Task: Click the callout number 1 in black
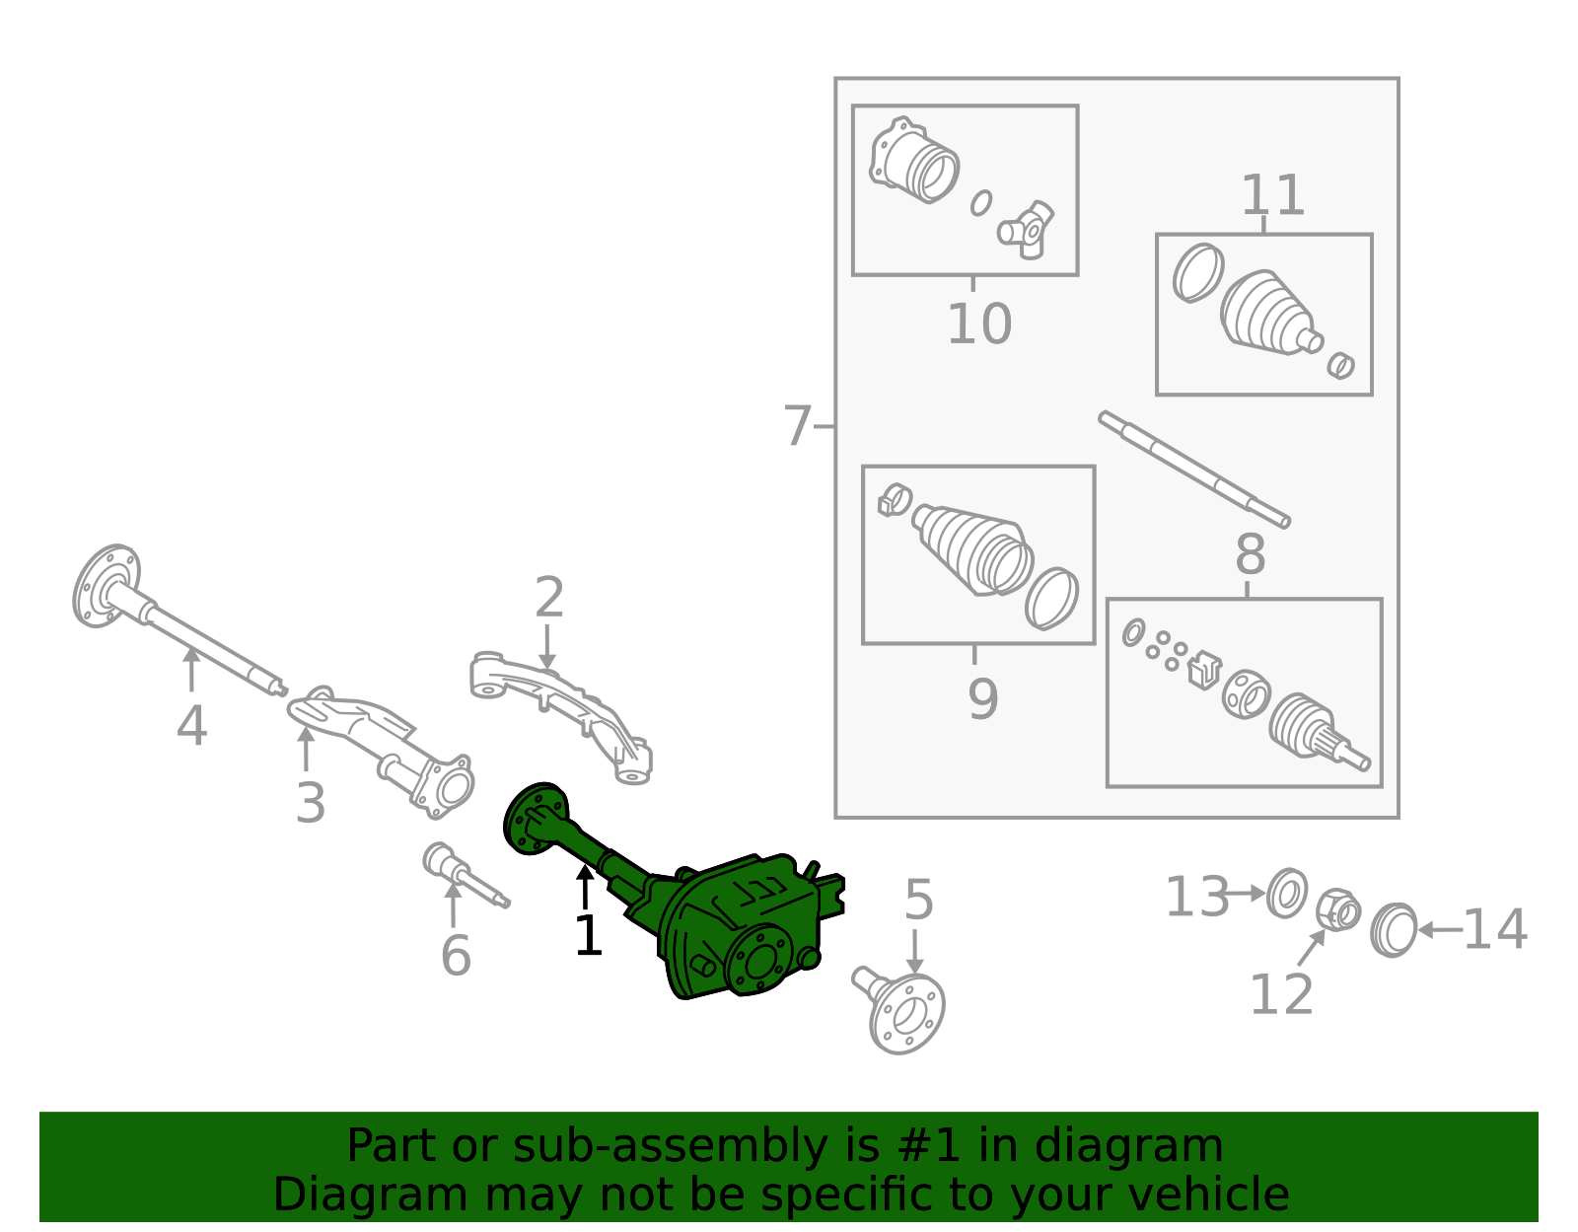pyautogui.click(x=588, y=936)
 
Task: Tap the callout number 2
pyautogui.click(x=549, y=598)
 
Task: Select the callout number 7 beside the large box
pyautogui.click(x=796, y=426)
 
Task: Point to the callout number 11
pyautogui.click(x=1272, y=195)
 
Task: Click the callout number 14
pyautogui.click(x=1494, y=930)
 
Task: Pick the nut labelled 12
pyautogui.click(x=1337, y=909)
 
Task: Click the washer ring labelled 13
pyautogui.click(x=1287, y=893)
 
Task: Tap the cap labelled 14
pyautogui.click(x=1393, y=929)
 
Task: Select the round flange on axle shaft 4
pyautogui.click(x=106, y=586)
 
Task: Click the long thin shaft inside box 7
pyautogui.click(x=1193, y=470)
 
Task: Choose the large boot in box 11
pyautogui.click(x=1266, y=313)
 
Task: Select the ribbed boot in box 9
pyautogui.click(x=974, y=552)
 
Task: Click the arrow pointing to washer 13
pyautogui.click(x=1247, y=894)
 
